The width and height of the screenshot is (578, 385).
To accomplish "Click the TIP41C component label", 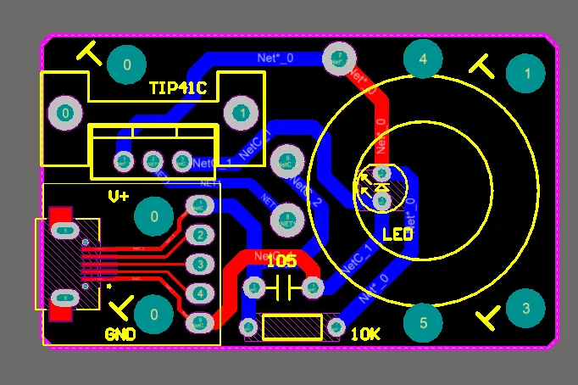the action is (177, 88).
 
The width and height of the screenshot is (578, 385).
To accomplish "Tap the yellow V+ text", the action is (119, 196).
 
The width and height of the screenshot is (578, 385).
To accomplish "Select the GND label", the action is (120, 334).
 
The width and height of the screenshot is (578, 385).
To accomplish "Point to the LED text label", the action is (397, 234).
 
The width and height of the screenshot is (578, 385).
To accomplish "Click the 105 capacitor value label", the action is (281, 261).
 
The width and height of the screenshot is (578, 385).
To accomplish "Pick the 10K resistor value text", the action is (364, 334).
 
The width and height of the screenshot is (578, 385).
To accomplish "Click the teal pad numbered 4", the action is (423, 59).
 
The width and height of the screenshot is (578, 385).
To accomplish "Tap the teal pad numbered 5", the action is (423, 322).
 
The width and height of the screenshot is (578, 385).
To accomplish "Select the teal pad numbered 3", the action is (525, 308).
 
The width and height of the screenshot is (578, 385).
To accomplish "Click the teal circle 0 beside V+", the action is (154, 217).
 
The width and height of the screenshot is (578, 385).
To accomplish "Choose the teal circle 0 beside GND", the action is (153, 314).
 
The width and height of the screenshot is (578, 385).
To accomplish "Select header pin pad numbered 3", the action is (199, 265).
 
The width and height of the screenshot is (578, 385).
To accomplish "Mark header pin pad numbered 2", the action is (199, 235).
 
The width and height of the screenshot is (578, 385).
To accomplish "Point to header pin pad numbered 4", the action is (199, 293).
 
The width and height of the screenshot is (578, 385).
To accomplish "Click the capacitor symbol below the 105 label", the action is (283, 288).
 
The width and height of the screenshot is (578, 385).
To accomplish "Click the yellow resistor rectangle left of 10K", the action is (292, 326).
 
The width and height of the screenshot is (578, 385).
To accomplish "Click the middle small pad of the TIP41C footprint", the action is (153, 159).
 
